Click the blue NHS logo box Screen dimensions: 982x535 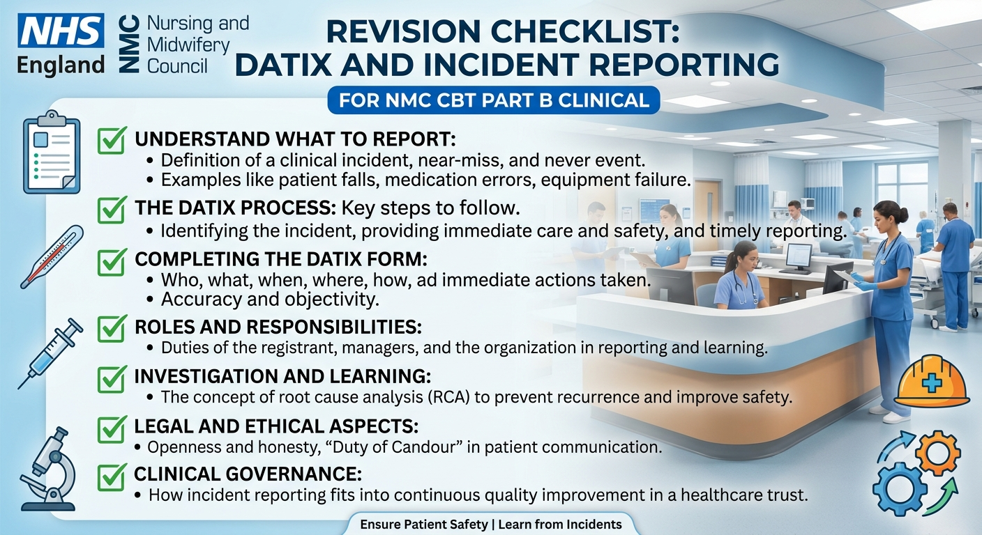coord(61,30)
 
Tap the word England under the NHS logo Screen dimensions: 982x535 coord(61,65)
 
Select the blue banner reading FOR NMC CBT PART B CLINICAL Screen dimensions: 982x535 coord(494,100)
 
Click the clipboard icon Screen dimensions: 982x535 coord(52,153)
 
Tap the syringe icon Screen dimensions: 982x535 coord(50,353)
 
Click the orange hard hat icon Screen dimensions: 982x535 coord(932,381)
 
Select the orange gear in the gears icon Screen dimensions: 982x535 coord(938,453)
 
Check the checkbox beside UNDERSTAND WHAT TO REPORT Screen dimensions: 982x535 coord(112,140)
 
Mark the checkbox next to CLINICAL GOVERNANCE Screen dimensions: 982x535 coord(112,476)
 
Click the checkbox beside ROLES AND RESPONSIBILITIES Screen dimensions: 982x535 coord(112,328)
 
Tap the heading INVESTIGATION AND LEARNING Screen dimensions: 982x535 coord(282,376)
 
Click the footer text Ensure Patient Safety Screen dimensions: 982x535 coord(424,525)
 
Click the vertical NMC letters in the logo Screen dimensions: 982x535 coord(130,43)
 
